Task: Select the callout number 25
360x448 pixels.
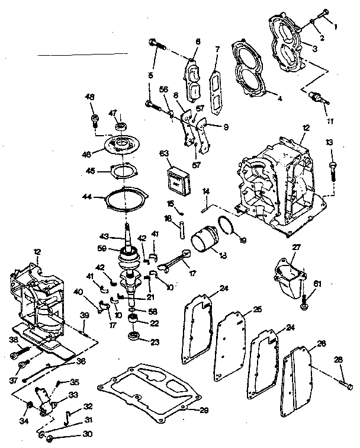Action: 257,309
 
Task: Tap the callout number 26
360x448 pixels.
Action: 322,343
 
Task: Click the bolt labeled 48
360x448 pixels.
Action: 93,121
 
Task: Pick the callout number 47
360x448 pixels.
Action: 114,113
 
